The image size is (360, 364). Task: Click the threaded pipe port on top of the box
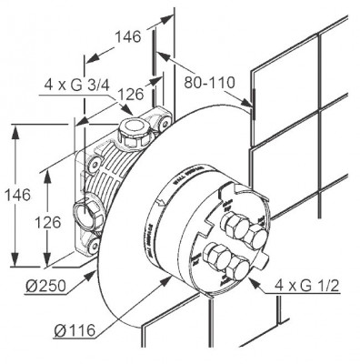click(x=134, y=129)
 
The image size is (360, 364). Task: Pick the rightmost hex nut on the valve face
click(x=258, y=238)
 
